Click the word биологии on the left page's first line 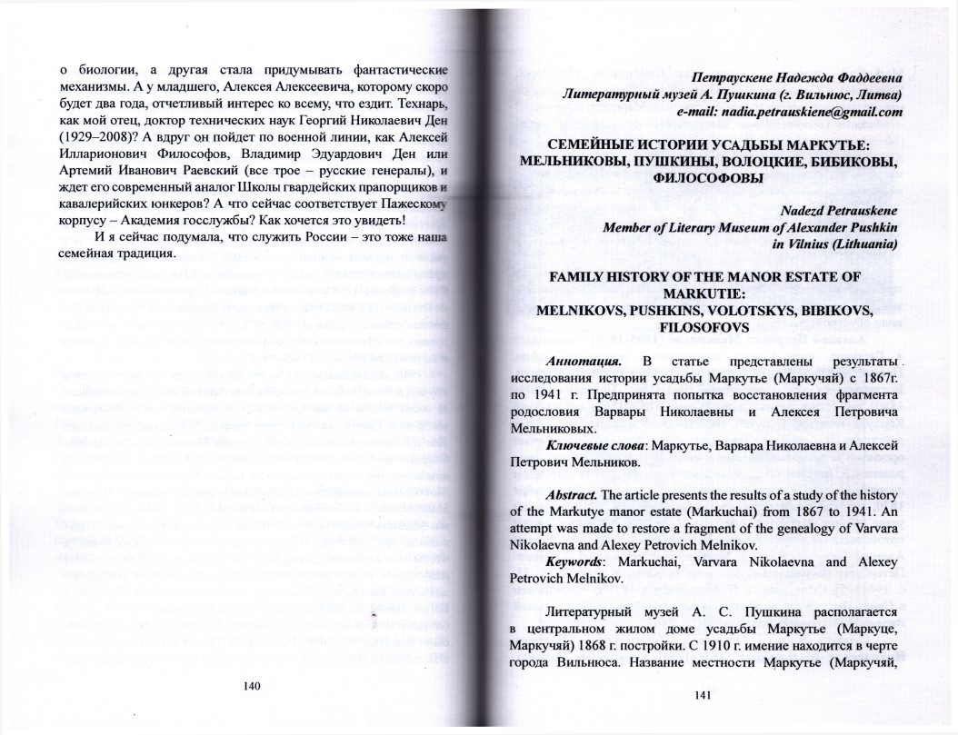[x=106, y=70]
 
